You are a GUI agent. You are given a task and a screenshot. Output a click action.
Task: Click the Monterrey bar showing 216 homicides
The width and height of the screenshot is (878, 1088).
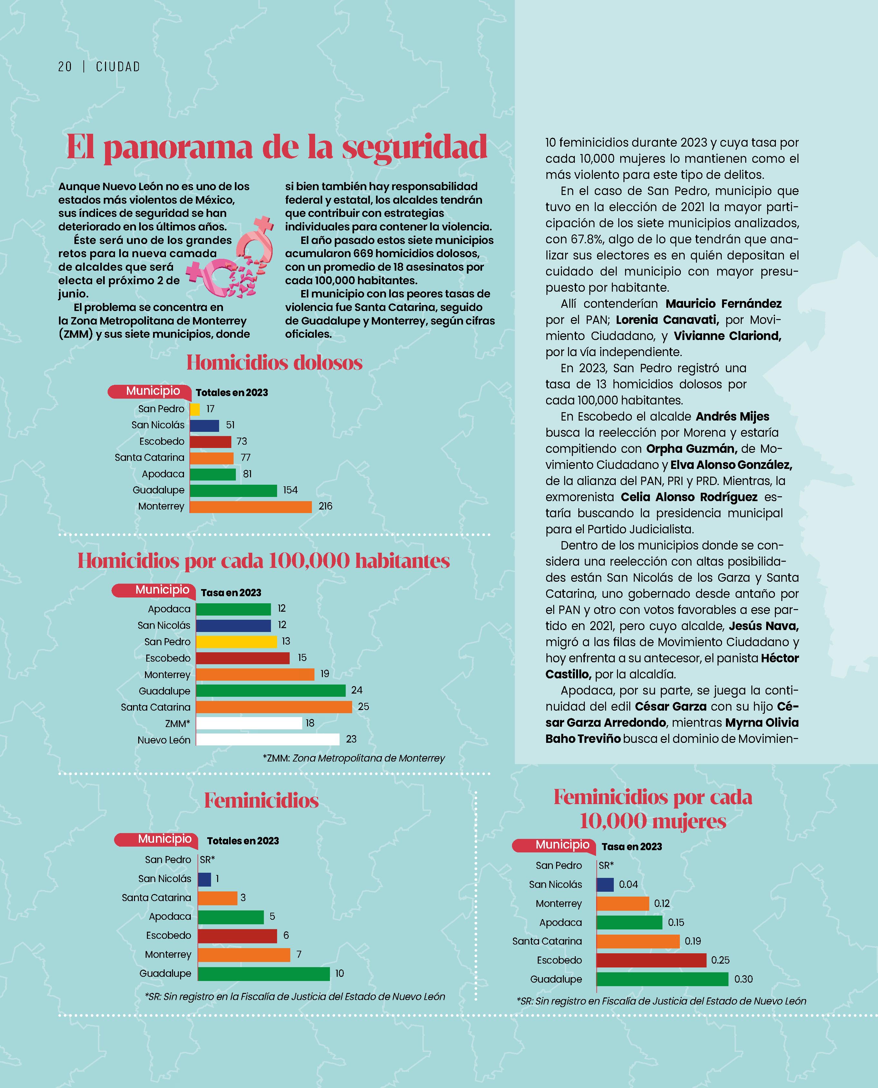tap(251, 506)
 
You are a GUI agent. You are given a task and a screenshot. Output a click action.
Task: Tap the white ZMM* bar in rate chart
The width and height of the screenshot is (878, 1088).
tap(249, 723)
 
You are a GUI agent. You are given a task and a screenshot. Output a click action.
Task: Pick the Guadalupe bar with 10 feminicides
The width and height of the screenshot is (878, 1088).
tap(264, 974)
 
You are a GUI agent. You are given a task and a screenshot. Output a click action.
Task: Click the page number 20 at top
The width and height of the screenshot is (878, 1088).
tap(65, 67)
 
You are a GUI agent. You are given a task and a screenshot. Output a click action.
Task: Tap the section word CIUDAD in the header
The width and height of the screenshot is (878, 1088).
tap(118, 67)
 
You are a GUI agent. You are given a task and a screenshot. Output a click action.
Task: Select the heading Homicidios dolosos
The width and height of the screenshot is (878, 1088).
tap(274, 363)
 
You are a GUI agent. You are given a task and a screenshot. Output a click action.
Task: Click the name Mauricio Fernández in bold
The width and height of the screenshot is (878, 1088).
tap(723, 304)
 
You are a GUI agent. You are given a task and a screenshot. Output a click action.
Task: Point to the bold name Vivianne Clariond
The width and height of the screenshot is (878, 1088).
tap(727, 336)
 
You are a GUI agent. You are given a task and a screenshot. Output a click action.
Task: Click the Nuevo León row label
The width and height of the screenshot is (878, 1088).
tap(164, 740)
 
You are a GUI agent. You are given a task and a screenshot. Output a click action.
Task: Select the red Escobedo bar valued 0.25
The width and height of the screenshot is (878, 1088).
tap(651, 960)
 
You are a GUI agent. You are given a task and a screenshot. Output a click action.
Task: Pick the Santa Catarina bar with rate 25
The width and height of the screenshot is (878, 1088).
tap(274, 707)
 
